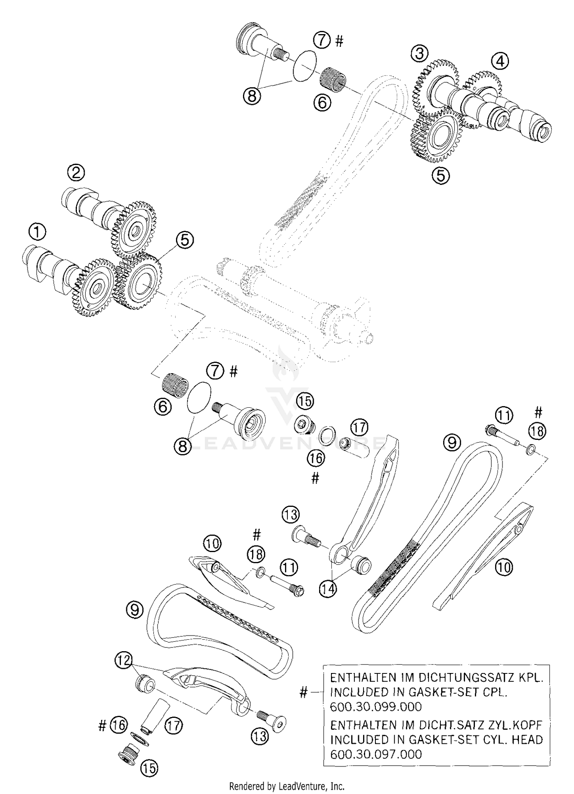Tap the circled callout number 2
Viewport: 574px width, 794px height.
point(76,173)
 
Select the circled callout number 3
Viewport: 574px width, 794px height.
point(419,54)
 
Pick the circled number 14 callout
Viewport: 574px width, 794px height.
point(328,588)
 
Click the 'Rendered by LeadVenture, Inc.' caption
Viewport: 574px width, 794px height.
point(287,786)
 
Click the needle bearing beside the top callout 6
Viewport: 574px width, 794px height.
point(333,77)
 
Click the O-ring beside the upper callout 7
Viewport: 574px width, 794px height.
point(305,66)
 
